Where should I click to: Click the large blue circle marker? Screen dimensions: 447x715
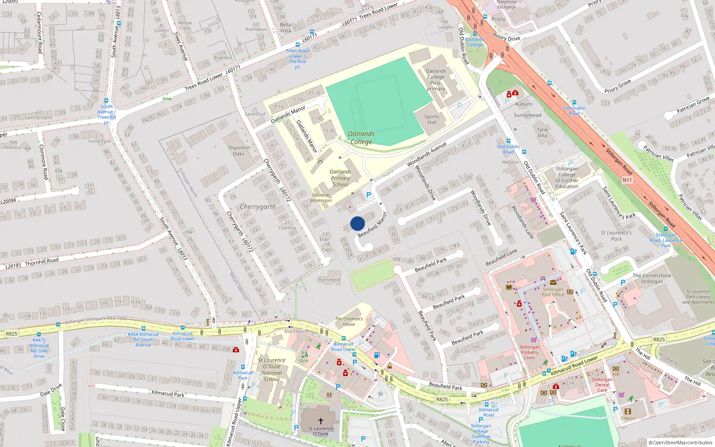[x=357, y=223]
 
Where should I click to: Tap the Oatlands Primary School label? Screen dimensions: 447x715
[x=340, y=178]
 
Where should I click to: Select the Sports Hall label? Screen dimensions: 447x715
[x=432, y=119]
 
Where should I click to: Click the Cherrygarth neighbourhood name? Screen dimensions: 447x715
[x=258, y=207]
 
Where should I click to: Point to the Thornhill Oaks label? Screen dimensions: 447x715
[x=239, y=151]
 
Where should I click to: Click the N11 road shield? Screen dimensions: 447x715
[x=627, y=180]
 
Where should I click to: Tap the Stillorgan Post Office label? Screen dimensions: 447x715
[x=553, y=292]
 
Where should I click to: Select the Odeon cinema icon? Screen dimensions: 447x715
[x=628, y=411]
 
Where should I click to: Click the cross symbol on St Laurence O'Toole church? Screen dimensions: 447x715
[x=320, y=421]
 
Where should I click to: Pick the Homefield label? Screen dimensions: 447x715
[x=329, y=280]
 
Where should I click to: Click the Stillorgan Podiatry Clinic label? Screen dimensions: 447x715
[x=530, y=352]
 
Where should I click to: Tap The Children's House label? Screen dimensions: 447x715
[x=349, y=321]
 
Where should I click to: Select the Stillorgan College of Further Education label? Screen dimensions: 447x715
[x=567, y=177]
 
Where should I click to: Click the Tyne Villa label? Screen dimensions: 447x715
[x=542, y=132]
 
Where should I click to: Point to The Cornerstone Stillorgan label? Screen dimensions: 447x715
[x=652, y=278]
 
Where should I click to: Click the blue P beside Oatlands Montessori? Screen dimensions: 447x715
[x=369, y=195]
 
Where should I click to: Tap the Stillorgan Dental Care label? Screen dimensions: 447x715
[x=602, y=385]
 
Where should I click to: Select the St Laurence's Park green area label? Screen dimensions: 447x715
[x=616, y=236]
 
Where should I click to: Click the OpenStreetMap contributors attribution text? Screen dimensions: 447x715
[x=680, y=443]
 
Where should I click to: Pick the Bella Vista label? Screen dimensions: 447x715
[x=285, y=28]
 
